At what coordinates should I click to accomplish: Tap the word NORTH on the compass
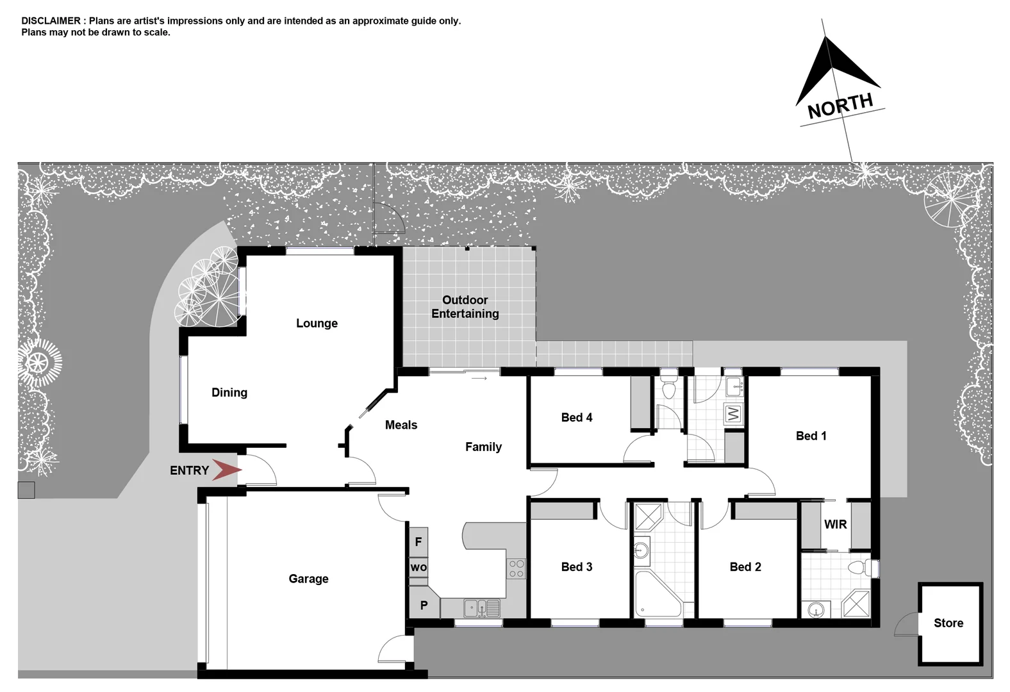(x=840, y=106)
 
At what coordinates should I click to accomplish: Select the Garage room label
(x=308, y=579)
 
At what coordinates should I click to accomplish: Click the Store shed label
(x=948, y=623)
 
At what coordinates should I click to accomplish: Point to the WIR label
(x=835, y=524)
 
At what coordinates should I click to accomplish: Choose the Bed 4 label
(x=577, y=417)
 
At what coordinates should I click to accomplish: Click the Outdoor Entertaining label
(x=465, y=307)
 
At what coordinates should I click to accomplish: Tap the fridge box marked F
(x=418, y=542)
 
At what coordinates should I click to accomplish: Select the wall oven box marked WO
(x=418, y=567)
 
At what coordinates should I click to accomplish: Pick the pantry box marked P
(x=424, y=605)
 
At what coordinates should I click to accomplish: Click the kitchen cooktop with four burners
(x=517, y=568)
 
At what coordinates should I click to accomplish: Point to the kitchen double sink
(x=482, y=607)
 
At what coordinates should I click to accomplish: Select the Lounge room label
(x=317, y=324)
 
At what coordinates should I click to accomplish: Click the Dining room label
(x=229, y=393)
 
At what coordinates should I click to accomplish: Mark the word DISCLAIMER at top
(x=51, y=21)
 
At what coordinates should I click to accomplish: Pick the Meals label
(x=401, y=425)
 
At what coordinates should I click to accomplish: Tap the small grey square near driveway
(x=26, y=490)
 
